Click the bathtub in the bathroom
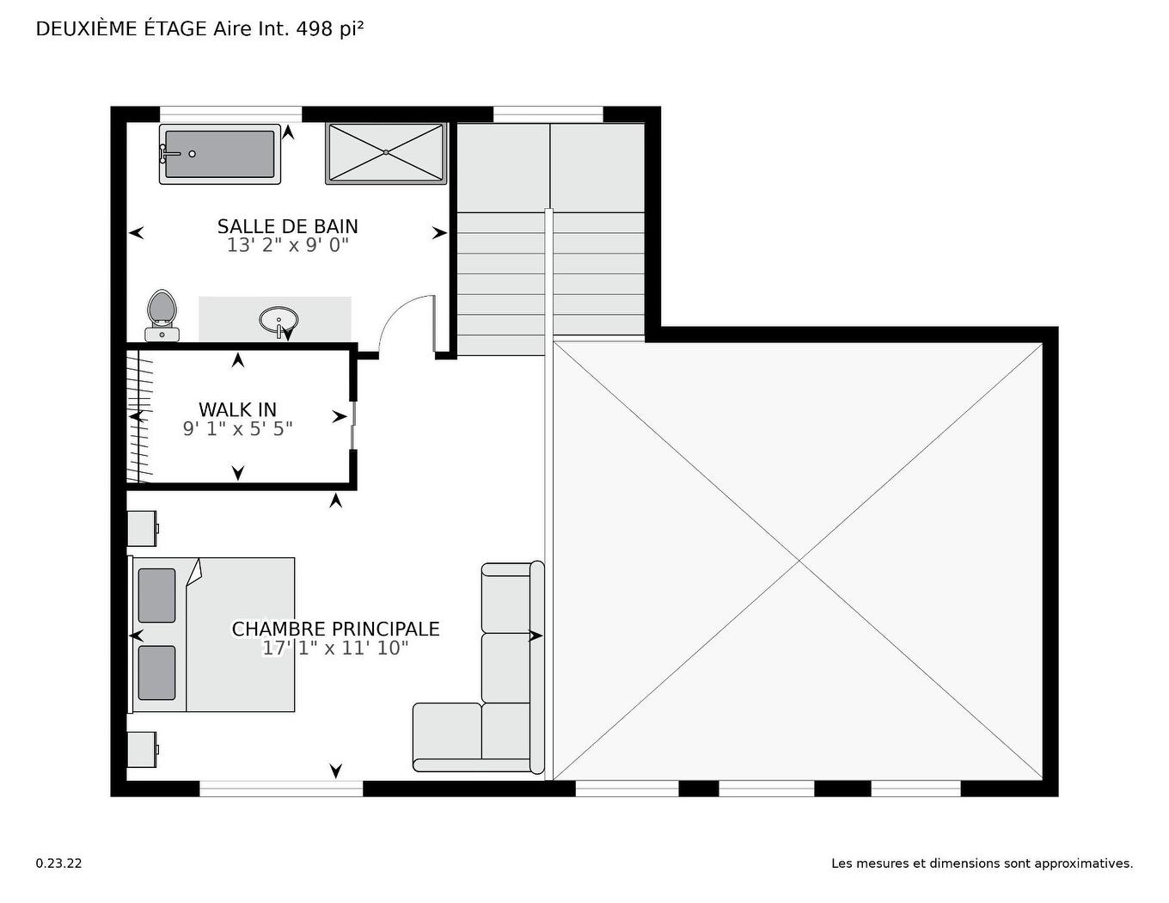[220, 154]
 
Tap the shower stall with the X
[386, 153]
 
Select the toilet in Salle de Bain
[162, 315]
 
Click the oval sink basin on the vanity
[278, 320]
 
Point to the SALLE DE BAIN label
[287, 226]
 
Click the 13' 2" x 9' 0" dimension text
[287, 245]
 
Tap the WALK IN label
[237, 409]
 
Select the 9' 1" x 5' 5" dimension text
[237, 428]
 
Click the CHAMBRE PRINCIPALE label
[335, 629]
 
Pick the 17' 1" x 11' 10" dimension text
[335, 648]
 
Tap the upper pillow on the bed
[156, 595]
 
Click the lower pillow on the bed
[156, 673]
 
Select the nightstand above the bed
[142, 528]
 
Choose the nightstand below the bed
[142, 749]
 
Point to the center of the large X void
[799, 561]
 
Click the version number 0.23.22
[58, 863]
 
